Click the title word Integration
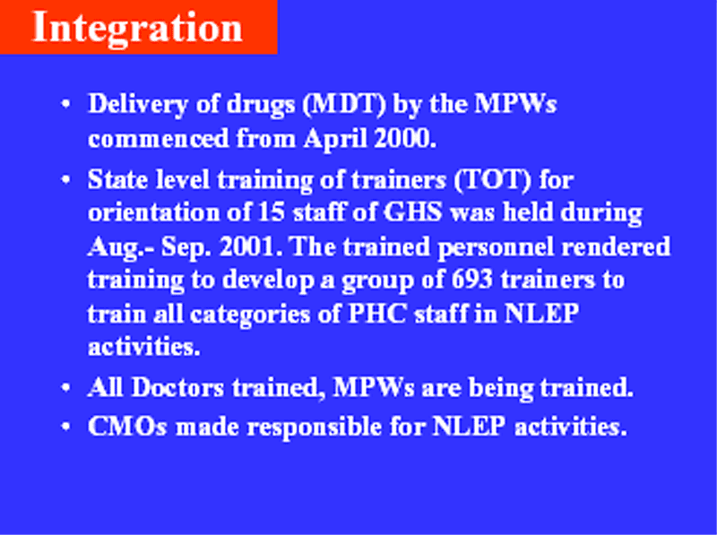tap(137, 28)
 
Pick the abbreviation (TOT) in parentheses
tap(493, 180)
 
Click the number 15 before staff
tap(272, 212)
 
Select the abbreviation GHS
tap(413, 212)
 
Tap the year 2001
tap(251, 247)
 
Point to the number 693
tap(472, 280)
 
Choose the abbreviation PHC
tap(377, 315)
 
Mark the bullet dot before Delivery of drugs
tap(65, 104)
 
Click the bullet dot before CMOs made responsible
tap(65, 427)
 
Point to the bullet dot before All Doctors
tap(65, 388)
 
